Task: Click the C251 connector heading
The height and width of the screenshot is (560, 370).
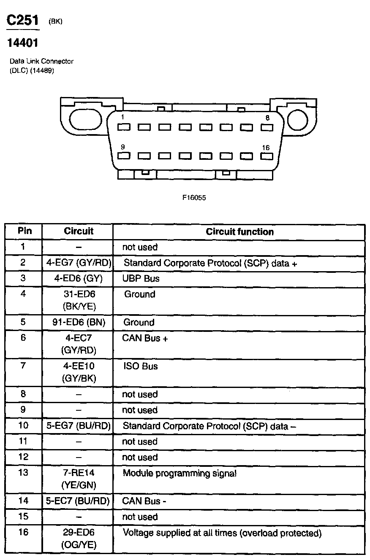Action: pyautogui.click(x=23, y=21)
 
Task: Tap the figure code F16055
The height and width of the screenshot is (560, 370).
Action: pyautogui.click(x=194, y=197)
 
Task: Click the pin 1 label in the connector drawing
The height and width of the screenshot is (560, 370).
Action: pyautogui.click(x=122, y=117)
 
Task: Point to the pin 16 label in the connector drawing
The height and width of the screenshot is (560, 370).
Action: pyautogui.click(x=266, y=148)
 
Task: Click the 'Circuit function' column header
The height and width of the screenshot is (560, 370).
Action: pyautogui.click(x=239, y=232)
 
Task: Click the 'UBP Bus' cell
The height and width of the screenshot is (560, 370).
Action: pyautogui.click(x=141, y=278)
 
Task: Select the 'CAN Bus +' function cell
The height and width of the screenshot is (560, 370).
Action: pyautogui.click(x=145, y=339)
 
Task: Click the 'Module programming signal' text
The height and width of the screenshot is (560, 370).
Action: pyautogui.click(x=180, y=473)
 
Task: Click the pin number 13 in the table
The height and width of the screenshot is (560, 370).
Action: pyautogui.click(x=23, y=473)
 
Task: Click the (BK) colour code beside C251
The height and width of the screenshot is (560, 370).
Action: pyautogui.click(x=55, y=22)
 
